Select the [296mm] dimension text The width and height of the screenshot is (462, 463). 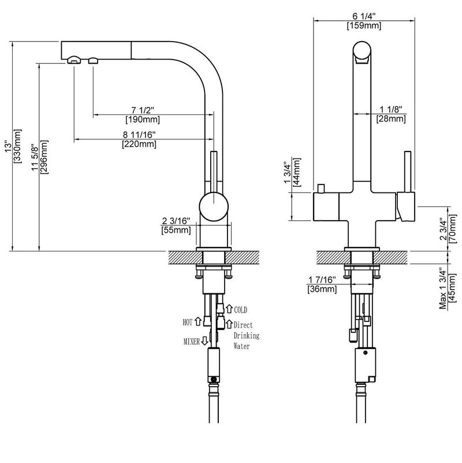[x=44, y=157]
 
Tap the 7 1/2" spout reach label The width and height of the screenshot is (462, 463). [x=143, y=110]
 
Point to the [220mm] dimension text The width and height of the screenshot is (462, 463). [x=139, y=145]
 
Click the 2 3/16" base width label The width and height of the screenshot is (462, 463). [x=176, y=221]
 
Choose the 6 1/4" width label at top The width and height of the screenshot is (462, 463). [x=364, y=16]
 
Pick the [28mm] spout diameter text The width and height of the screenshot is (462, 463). [x=391, y=119]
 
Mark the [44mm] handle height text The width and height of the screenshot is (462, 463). [x=297, y=172]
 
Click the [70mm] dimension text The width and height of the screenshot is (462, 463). [x=452, y=229]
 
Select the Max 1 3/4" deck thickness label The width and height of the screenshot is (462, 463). [x=443, y=288]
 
